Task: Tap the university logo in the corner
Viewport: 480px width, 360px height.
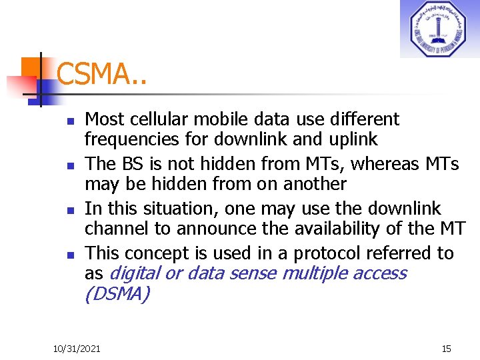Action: (x=439, y=29)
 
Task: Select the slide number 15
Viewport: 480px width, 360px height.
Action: (x=446, y=349)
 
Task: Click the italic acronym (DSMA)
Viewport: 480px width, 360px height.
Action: (x=117, y=293)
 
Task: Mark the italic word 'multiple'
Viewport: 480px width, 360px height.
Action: (x=315, y=273)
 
